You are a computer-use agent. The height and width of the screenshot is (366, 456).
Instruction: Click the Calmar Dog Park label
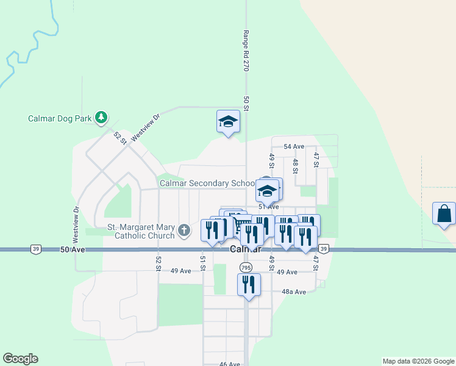(59, 118)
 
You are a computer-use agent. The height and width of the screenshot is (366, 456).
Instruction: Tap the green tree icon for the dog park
(101, 117)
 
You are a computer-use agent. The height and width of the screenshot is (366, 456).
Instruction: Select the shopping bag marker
(444, 214)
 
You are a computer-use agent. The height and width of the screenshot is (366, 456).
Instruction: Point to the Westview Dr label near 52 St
(144, 127)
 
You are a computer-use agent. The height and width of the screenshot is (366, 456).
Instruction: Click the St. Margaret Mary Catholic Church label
(141, 231)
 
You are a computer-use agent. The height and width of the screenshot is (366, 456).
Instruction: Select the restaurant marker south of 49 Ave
(249, 285)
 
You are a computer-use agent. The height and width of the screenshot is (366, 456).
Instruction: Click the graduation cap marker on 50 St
(229, 121)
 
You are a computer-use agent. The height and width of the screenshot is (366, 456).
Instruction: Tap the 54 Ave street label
(294, 146)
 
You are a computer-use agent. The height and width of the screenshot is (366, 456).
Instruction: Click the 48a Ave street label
(293, 292)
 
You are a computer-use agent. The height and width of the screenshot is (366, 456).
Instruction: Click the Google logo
(20, 359)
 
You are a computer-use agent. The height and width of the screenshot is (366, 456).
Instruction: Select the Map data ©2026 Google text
(418, 361)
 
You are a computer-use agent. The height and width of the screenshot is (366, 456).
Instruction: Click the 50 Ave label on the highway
(73, 249)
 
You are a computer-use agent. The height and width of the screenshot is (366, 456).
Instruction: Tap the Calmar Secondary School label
(207, 183)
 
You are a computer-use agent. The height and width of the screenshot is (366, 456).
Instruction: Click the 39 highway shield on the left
(35, 249)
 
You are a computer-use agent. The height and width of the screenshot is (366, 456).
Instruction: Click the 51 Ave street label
(269, 207)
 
